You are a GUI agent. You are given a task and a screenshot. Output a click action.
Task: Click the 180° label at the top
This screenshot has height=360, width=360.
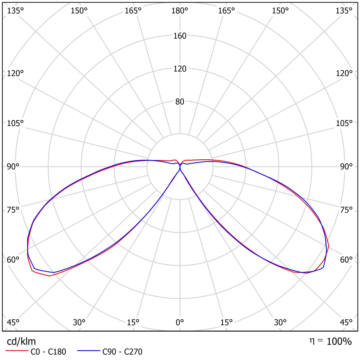(x=180, y=11)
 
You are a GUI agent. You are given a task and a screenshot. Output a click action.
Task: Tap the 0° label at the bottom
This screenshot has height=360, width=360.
(x=180, y=322)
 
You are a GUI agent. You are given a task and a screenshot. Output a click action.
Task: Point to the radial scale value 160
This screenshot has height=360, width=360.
(x=180, y=36)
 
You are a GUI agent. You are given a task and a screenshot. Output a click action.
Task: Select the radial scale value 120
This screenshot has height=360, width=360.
(x=180, y=69)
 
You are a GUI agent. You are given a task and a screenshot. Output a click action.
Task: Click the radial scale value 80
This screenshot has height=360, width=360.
(x=180, y=102)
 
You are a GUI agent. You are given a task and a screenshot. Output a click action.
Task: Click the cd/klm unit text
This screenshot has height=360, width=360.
(x=21, y=341)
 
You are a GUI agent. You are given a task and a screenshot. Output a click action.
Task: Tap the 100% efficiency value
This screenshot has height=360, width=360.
(x=339, y=341)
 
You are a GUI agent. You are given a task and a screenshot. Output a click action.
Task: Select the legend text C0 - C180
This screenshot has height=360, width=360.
(x=48, y=351)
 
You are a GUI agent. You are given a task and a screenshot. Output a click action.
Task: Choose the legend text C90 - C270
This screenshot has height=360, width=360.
(x=122, y=351)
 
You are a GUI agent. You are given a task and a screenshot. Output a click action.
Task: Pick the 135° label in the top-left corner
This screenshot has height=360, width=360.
(x=16, y=11)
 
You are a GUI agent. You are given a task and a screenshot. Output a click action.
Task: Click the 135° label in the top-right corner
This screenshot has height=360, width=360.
(x=344, y=11)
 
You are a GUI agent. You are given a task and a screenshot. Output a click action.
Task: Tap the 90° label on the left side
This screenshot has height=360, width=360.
(x=13, y=167)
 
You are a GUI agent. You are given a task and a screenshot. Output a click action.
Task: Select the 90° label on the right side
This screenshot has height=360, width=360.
(x=347, y=167)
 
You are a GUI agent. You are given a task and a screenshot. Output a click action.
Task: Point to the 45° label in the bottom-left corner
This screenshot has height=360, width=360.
(x=13, y=322)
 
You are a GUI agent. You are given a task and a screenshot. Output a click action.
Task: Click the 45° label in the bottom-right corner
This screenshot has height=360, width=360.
(x=347, y=322)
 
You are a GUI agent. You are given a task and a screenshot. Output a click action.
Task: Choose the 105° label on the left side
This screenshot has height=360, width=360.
(x=16, y=123)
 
